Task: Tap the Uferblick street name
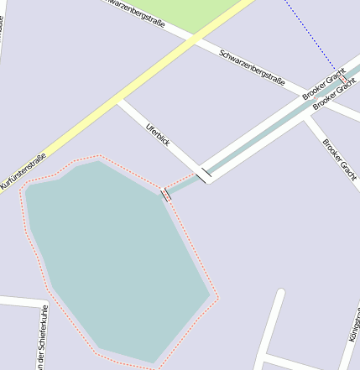(158, 136)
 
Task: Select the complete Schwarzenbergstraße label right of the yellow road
(252, 67)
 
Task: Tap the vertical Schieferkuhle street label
(42, 338)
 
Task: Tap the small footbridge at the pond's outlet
(166, 194)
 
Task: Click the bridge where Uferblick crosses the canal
(204, 175)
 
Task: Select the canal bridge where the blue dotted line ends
(342, 77)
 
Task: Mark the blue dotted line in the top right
(310, 34)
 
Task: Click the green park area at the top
(193, 13)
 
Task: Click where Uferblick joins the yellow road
(120, 102)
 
